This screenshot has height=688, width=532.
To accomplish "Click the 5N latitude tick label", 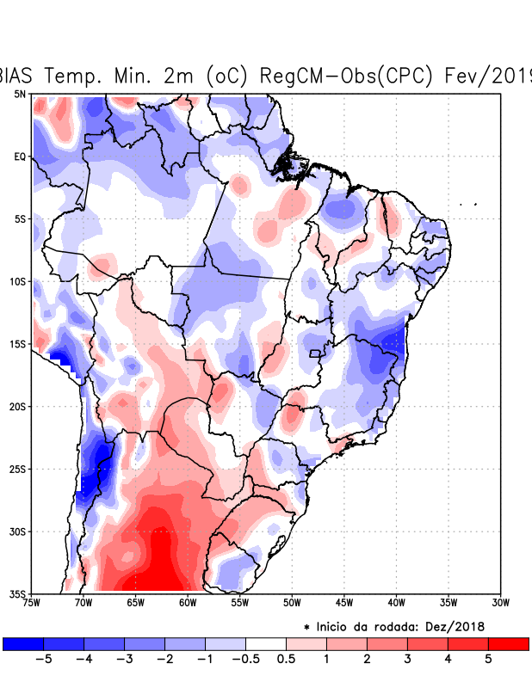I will tap(19, 94).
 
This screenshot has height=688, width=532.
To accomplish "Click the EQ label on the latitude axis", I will tap(19, 157).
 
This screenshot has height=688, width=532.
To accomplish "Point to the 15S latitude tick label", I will tap(17, 344).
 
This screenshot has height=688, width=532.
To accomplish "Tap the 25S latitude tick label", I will tap(17, 469).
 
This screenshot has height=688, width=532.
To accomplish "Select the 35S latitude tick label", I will tap(17, 593).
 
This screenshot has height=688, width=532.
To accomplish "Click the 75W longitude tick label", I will tap(32, 602).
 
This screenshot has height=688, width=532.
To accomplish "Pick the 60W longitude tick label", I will tap(188, 602).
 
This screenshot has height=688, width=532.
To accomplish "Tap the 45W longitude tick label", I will tap(343, 602).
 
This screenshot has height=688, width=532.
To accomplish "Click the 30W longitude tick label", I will tap(500, 602).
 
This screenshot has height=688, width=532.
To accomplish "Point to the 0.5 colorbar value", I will tap(287, 660).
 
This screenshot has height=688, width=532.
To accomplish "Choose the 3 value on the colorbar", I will tap(407, 660).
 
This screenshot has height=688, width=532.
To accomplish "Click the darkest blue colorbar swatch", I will tap(23, 643).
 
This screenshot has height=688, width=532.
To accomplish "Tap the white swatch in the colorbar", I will tap(266, 643).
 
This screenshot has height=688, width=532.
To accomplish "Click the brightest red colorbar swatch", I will tap(508, 643).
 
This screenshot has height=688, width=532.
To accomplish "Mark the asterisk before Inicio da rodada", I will tap(306, 628).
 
